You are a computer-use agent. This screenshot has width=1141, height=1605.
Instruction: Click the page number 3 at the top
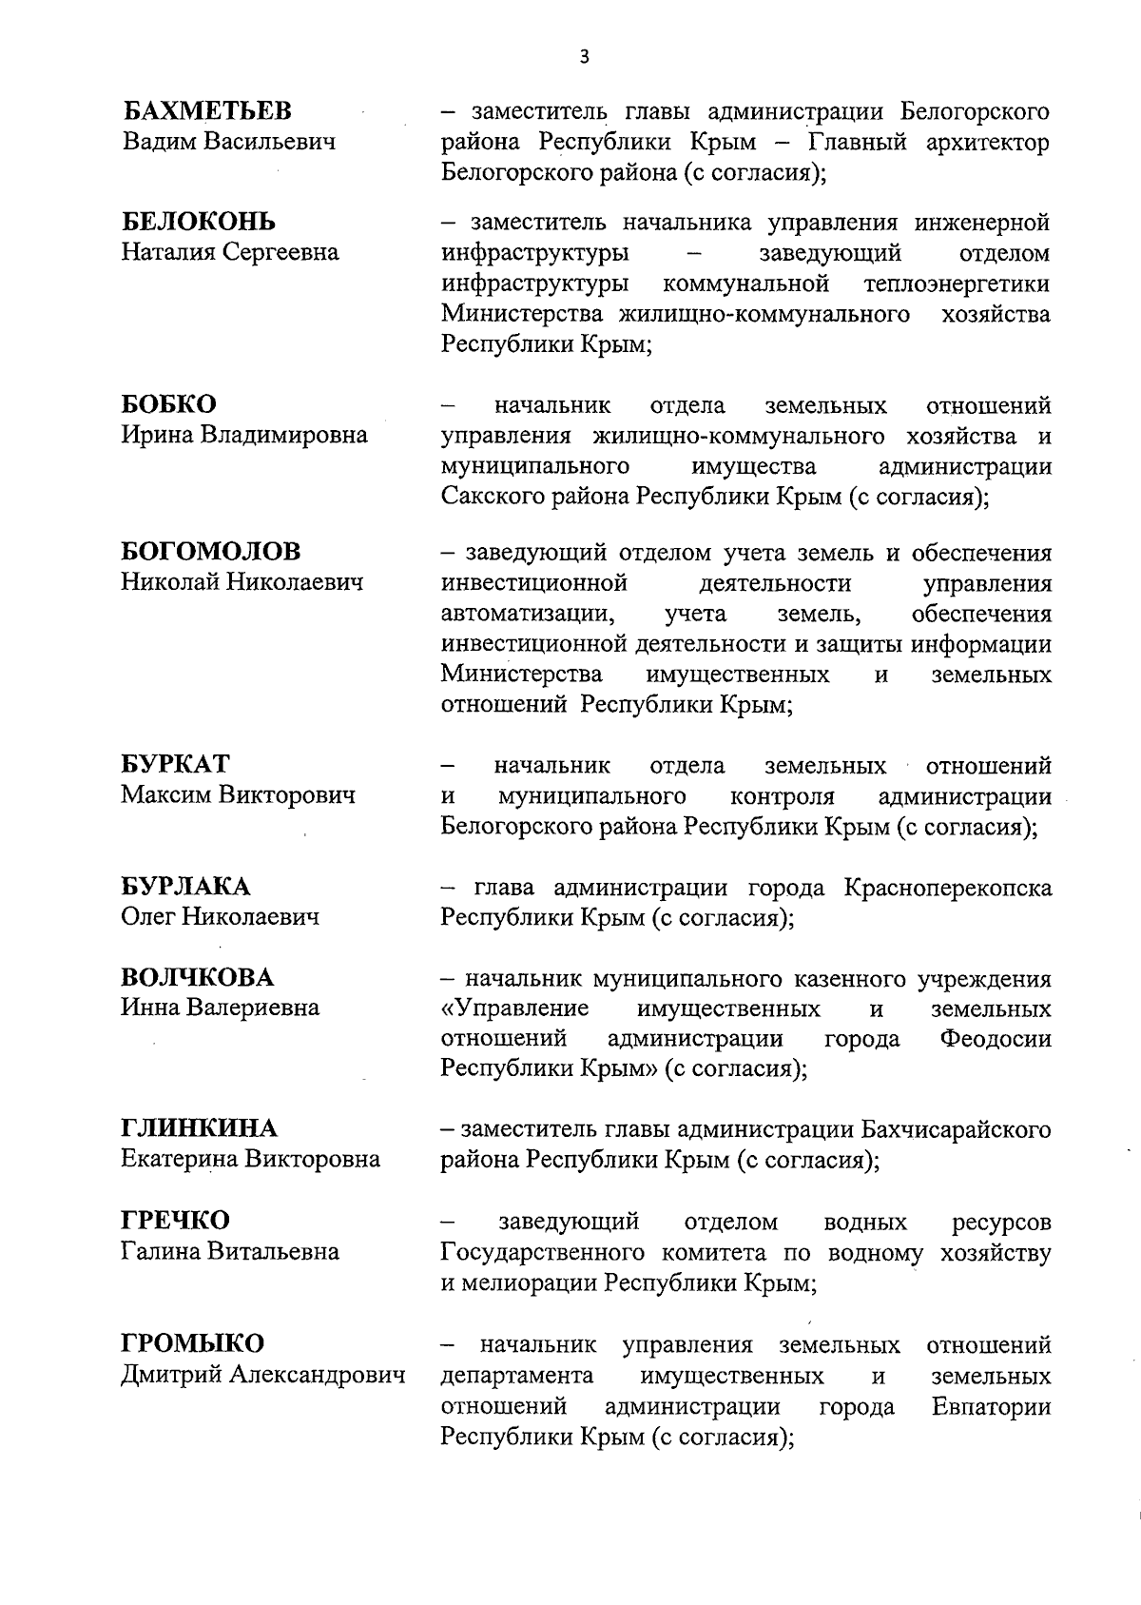click(584, 57)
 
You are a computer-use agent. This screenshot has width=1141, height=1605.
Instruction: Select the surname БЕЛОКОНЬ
click(199, 222)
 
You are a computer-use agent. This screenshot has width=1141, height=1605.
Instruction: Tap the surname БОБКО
click(168, 404)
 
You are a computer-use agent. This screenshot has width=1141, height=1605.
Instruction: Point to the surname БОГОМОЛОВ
click(211, 551)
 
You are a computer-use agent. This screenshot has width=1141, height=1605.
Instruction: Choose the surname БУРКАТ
click(175, 765)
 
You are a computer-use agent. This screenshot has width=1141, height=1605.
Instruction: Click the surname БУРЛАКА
click(185, 887)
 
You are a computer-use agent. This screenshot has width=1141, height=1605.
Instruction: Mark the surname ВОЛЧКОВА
click(197, 977)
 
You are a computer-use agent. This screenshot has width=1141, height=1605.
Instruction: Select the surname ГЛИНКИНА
click(199, 1128)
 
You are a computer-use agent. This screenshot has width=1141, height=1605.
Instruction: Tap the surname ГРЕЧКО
click(175, 1220)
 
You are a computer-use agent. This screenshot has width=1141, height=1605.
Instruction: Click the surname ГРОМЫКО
click(192, 1343)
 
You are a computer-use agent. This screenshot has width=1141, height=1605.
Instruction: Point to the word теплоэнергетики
click(957, 284)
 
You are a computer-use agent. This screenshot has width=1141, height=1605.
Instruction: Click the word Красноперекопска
click(947, 888)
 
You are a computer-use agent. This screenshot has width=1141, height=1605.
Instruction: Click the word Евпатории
click(992, 1405)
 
